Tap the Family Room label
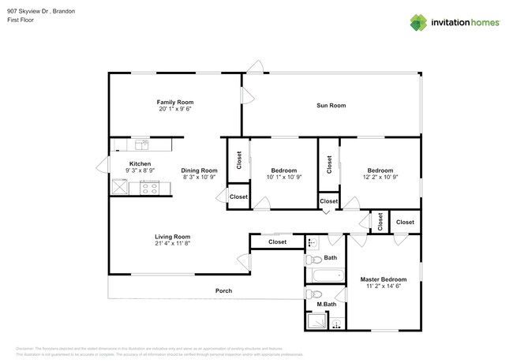[x=174, y=102]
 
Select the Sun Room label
[x=331, y=105]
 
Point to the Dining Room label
[x=199, y=170]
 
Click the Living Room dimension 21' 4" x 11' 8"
[x=172, y=244]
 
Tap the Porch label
[x=223, y=291]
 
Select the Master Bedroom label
[x=384, y=279]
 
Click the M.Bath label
[x=327, y=305]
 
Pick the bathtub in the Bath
[x=327, y=276]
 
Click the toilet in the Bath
[x=313, y=259]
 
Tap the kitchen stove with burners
[x=149, y=188]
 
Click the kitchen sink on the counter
[x=142, y=144]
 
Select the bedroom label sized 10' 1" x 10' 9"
[x=284, y=170]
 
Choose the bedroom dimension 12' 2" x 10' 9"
[x=380, y=178]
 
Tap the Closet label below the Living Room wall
[x=277, y=242]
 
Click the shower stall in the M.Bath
[x=316, y=321]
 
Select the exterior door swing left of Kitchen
[x=102, y=166]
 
